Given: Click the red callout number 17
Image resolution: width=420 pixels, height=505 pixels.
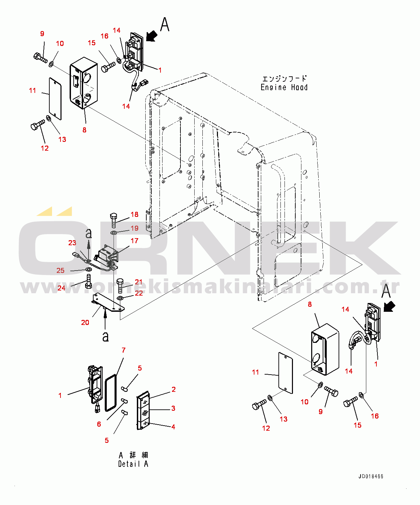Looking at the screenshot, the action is pyautogui.click(x=134, y=241).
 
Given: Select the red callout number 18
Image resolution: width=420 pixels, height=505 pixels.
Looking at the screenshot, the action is pyautogui.click(x=134, y=214).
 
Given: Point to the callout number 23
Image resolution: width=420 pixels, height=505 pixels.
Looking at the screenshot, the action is pyautogui.click(x=72, y=243).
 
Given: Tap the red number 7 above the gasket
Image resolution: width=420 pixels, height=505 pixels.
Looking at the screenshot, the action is pyautogui.click(x=124, y=350).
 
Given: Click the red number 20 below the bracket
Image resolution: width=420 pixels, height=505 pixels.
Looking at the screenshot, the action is pyautogui.click(x=85, y=322).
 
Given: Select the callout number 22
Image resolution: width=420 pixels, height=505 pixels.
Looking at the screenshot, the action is pyautogui.click(x=139, y=293).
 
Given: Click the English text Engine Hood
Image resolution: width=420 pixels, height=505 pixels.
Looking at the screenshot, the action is pyautogui.click(x=284, y=87).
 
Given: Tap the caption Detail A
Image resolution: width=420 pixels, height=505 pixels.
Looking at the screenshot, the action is pyautogui.click(x=133, y=464).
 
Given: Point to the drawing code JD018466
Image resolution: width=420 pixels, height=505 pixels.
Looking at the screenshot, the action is pyautogui.click(x=371, y=477).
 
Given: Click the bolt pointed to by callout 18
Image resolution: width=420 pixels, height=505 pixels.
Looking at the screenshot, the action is pyautogui.click(x=114, y=220).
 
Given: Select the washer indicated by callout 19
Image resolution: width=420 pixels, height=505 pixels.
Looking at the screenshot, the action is pyautogui.click(x=114, y=233).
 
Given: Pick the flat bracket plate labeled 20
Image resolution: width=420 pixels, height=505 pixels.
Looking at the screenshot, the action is pyautogui.click(x=108, y=302).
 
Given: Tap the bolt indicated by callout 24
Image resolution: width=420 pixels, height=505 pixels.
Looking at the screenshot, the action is pyautogui.click(x=88, y=281).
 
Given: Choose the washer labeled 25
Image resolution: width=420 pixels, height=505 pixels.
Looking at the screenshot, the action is pyautogui.click(x=89, y=269).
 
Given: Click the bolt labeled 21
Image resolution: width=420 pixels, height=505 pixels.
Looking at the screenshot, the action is pyautogui.click(x=120, y=286).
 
